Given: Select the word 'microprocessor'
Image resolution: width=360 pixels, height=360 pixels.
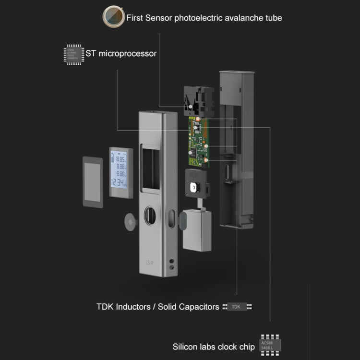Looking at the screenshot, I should pyautogui.click(x=127, y=53).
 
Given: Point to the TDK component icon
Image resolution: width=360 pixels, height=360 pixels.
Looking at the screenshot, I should pyautogui.click(x=237, y=306).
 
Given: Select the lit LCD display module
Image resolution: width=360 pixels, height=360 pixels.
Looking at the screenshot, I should pyautogui.click(x=119, y=172).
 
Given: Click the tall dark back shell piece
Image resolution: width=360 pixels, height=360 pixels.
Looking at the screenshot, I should pyautogui.click(x=236, y=149).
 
